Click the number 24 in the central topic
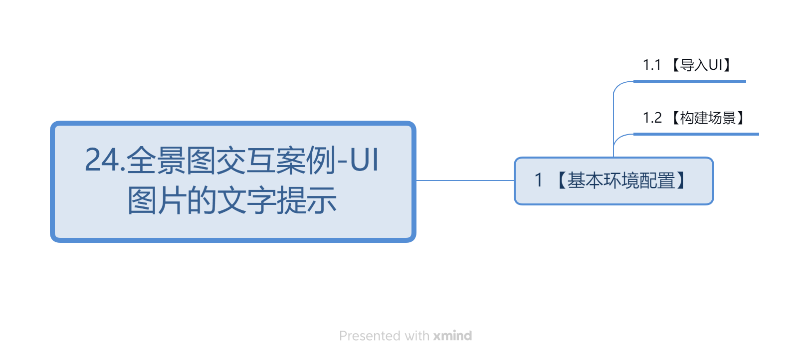[102, 160]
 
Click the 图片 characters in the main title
[158, 201]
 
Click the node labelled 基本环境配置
[614, 181]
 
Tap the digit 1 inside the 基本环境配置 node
[539, 180]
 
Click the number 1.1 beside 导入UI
[652, 65]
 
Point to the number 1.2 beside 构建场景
[652, 118]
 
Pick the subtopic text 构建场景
[708, 118]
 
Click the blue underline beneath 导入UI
[690, 81]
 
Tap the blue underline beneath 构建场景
[696, 134]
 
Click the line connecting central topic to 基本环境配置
[465, 180]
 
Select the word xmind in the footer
[452, 336]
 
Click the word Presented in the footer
[370, 336]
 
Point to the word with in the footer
[417, 336]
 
